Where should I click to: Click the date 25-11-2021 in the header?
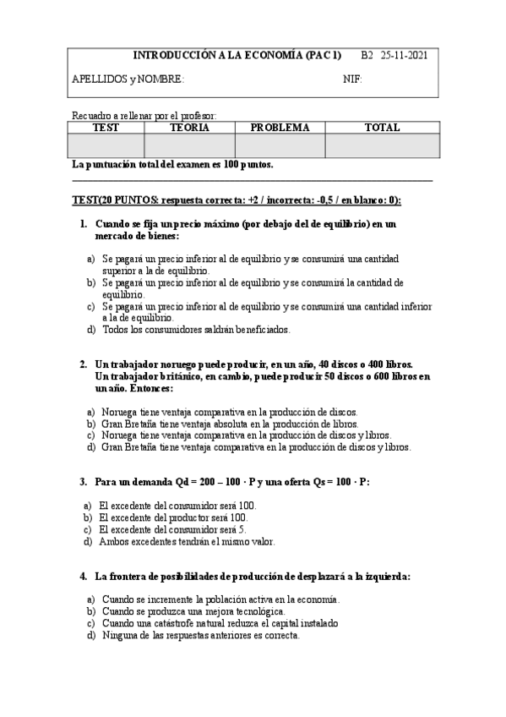(x=405, y=55)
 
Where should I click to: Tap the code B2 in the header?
(x=367, y=55)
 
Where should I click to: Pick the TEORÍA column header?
(x=189, y=128)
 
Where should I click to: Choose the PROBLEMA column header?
(x=280, y=128)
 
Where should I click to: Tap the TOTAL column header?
(x=382, y=128)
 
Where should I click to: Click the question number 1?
(x=84, y=224)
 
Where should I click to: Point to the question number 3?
(x=84, y=481)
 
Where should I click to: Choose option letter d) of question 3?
(x=88, y=541)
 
